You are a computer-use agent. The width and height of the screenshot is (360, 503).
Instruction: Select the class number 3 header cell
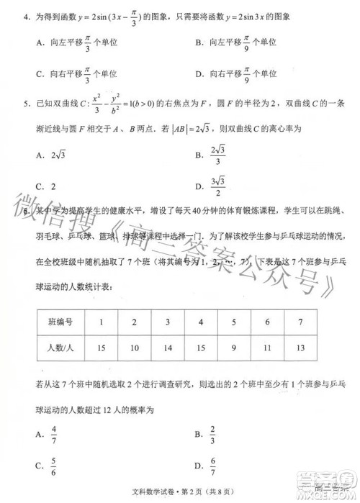point(167,321)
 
